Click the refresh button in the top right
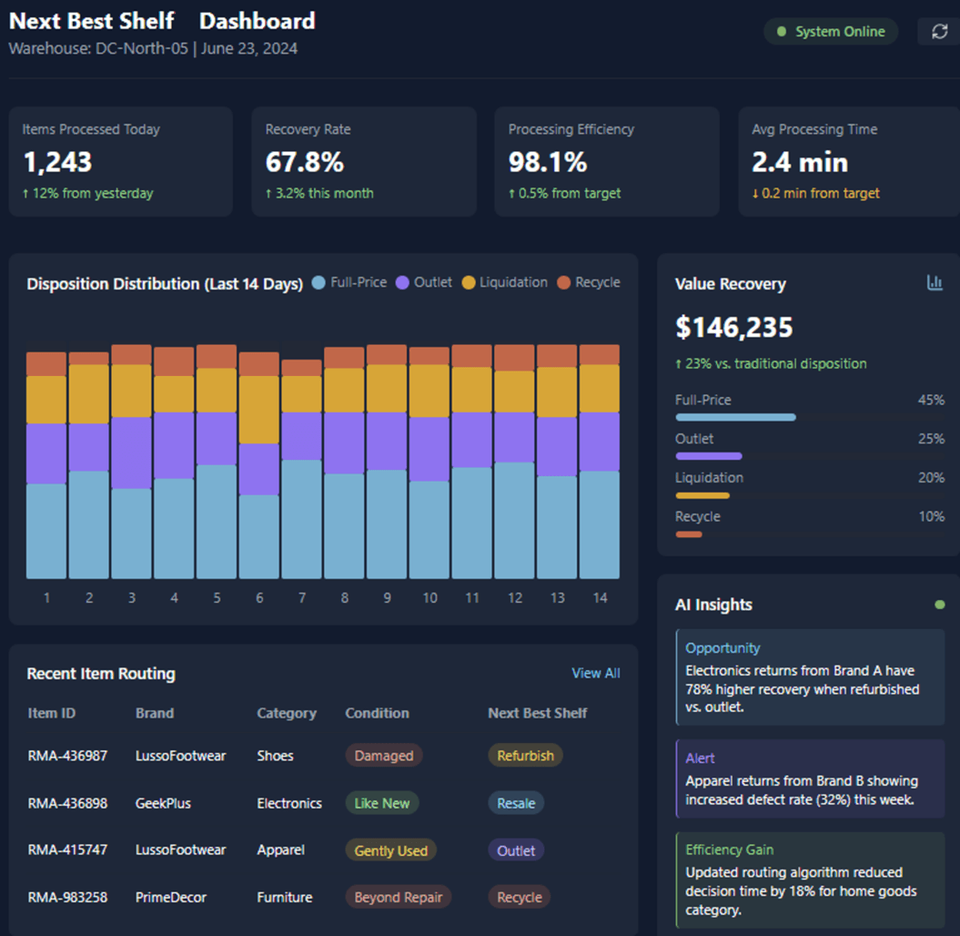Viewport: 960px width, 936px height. coord(939,32)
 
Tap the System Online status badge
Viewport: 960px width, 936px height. coord(830,32)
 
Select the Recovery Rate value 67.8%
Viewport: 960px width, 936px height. coord(305,162)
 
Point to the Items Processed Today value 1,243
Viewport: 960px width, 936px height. coord(57,162)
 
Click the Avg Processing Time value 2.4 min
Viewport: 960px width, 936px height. coord(799,162)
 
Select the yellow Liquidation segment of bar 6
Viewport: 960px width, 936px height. coord(258,410)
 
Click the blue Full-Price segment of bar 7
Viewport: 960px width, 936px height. coord(301,519)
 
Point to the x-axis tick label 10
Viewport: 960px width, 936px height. coord(429,598)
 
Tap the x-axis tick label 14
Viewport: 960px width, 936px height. coord(600,598)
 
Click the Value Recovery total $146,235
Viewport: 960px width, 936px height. coord(733,327)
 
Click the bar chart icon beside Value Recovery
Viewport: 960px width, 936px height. coord(935,283)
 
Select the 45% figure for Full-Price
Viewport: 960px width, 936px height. coord(931,400)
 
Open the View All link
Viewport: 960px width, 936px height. coord(595,673)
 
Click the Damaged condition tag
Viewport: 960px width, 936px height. coord(383,756)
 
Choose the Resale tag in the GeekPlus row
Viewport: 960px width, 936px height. coord(516,803)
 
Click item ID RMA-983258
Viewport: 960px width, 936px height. coord(67,897)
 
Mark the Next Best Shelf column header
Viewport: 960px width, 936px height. coord(537,713)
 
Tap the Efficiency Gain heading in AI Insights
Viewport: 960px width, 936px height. coord(729,850)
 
